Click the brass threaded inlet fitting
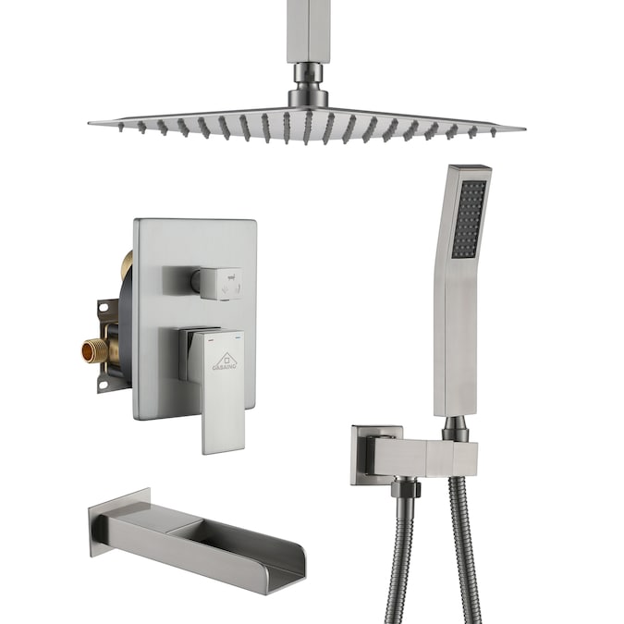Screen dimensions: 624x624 point(93,349)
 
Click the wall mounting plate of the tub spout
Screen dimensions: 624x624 point(107,522)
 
